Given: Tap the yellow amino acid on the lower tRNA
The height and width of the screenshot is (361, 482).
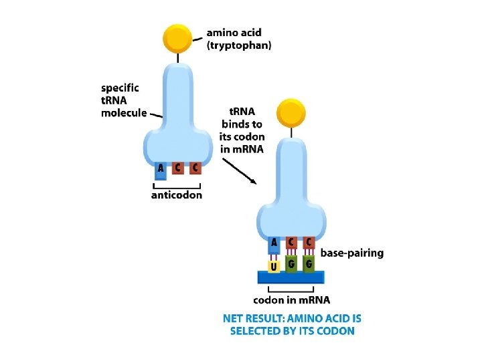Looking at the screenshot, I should pyautogui.click(x=291, y=114).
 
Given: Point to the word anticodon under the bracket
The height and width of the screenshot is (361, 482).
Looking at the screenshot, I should pyautogui.click(x=177, y=195).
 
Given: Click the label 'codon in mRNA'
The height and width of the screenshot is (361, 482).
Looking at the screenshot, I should pyautogui.click(x=291, y=300).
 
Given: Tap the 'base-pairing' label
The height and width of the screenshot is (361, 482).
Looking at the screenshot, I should pyautogui.click(x=352, y=253).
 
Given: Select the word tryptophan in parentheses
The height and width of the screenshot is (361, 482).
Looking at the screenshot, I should pyautogui.click(x=239, y=46).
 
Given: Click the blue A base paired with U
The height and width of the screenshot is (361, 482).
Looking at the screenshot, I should pyautogui.click(x=274, y=245).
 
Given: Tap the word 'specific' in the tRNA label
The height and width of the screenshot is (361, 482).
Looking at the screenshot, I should pyautogui.click(x=120, y=88).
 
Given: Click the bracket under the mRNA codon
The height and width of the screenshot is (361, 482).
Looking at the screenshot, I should pyautogui.click(x=291, y=289).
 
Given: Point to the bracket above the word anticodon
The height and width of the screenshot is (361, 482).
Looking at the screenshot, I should pyautogui.click(x=177, y=185).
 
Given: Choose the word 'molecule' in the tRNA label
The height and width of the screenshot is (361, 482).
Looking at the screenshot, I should pyautogui.click(x=124, y=112).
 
